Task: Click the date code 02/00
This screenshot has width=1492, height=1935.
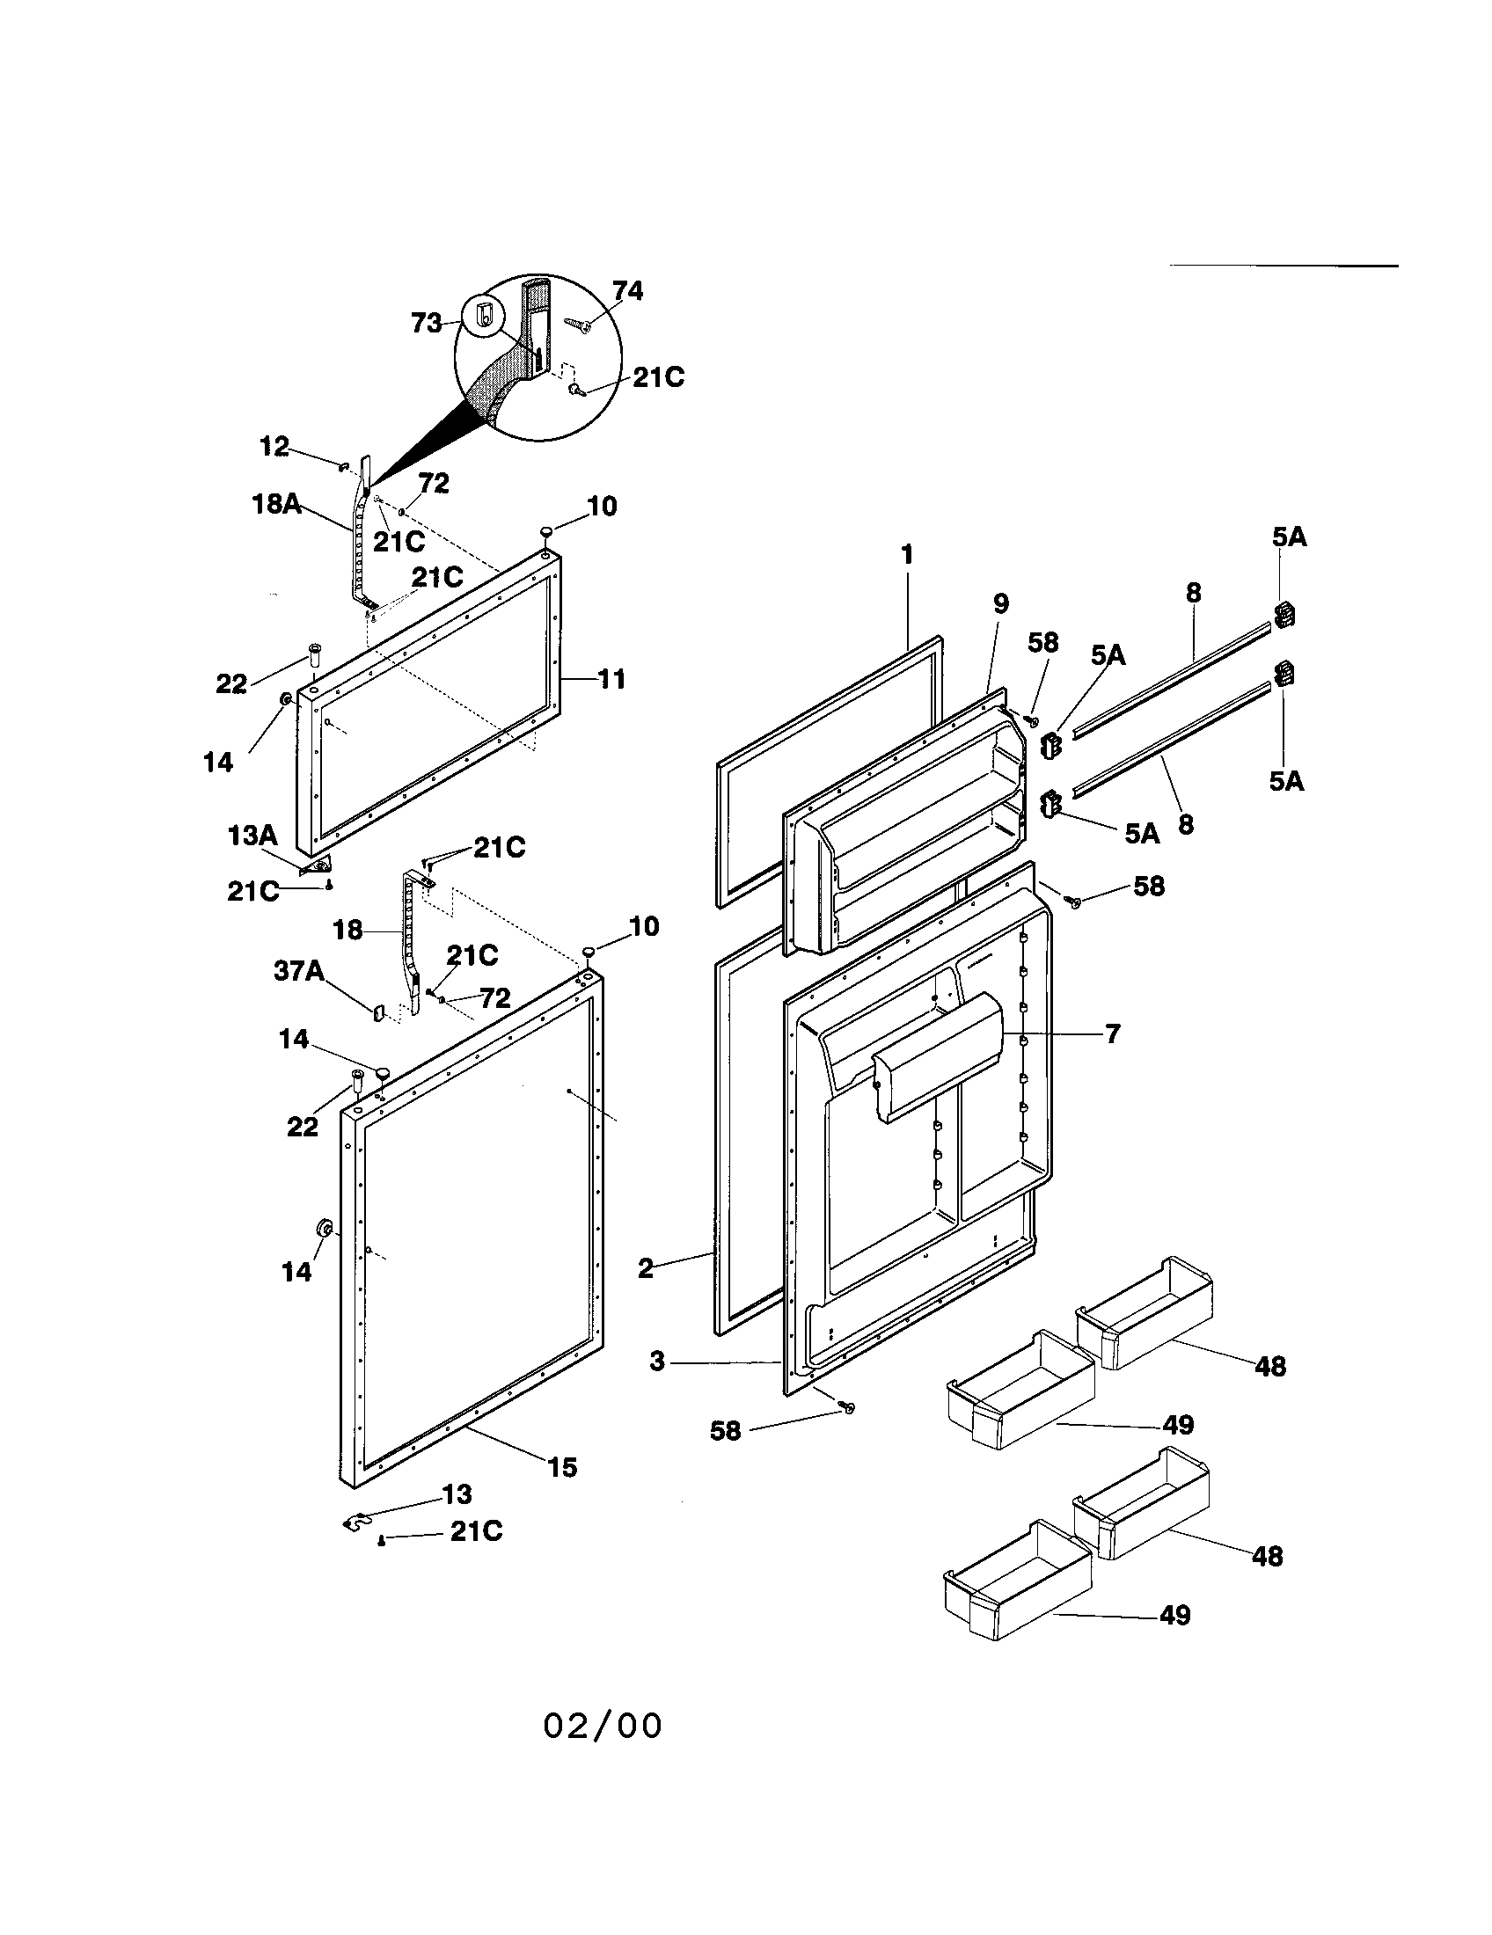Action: pyautogui.click(x=603, y=1726)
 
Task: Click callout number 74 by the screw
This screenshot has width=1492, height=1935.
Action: pyautogui.click(x=627, y=291)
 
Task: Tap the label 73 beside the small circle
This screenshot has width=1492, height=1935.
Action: pyautogui.click(x=427, y=324)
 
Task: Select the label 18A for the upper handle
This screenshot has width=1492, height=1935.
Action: pyautogui.click(x=275, y=505)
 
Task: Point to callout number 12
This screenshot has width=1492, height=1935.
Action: pyautogui.click(x=274, y=447)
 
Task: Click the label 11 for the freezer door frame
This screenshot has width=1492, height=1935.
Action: pyautogui.click(x=611, y=680)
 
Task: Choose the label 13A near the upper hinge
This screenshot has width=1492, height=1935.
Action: pyautogui.click(x=252, y=835)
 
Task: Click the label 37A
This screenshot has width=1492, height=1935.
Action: pyautogui.click(x=298, y=971)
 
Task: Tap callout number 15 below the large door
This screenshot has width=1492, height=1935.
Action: pyautogui.click(x=562, y=1467)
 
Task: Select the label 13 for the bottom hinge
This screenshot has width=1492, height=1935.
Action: pyautogui.click(x=457, y=1494)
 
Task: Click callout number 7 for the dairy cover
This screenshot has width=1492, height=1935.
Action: pyautogui.click(x=1113, y=1033)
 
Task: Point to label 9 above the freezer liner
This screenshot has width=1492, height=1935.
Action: pyautogui.click(x=1000, y=604)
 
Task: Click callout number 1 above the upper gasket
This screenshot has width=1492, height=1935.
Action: pyautogui.click(x=906, y=555)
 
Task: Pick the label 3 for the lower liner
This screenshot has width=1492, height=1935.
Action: pyautogui.click(x=656, y=1361)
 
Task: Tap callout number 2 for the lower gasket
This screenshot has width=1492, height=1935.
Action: pyautogui.click(x=646, y=1267)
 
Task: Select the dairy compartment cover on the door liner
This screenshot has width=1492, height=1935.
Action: pyautogui.click(x=938, y=1054)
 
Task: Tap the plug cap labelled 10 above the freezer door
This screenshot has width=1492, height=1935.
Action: pyautogui.click(x=546, y=530)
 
